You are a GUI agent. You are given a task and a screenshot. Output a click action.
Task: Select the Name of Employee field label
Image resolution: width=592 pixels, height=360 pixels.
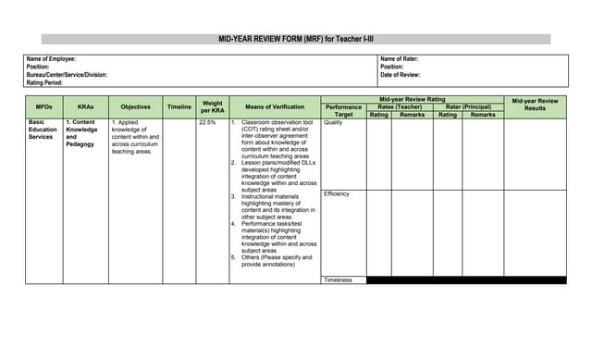click(51, 59)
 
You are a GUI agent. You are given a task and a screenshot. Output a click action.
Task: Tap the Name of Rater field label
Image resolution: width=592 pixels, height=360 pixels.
click(400, 59)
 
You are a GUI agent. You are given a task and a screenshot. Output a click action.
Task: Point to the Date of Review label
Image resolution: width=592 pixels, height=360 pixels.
click(401, 75)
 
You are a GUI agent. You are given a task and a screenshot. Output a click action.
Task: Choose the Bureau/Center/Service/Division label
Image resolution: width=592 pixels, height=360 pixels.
click(67, 75)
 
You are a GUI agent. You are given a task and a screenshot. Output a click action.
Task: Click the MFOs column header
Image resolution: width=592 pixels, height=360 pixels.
click(43, 107)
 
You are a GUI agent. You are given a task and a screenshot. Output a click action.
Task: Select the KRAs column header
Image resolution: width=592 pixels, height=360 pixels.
click(85, 107)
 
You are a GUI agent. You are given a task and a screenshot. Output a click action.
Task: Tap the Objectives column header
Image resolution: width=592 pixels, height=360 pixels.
click(135, 107)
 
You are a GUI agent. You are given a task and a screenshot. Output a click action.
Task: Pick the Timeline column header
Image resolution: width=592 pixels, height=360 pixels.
click(179, 107)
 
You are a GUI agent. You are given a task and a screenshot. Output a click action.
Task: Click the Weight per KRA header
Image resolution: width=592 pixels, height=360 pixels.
click(212, 107)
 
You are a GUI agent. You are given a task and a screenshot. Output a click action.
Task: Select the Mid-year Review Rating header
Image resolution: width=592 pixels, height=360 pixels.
click(412, 99)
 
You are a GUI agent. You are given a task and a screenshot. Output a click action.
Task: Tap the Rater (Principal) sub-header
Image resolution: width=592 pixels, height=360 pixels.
click(468, 106)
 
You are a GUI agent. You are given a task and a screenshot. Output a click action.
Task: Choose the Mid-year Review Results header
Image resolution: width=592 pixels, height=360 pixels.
click(535, 104)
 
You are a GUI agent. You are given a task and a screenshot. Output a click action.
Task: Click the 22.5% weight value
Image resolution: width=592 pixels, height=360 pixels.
click(207, 122)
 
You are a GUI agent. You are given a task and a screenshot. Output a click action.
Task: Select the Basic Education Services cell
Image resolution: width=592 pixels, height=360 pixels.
click(43, 130)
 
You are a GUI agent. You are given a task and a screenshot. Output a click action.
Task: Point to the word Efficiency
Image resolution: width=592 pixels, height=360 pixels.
click(337, 194)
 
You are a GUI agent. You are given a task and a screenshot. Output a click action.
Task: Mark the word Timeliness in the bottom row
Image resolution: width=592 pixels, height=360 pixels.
click(338, 279)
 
